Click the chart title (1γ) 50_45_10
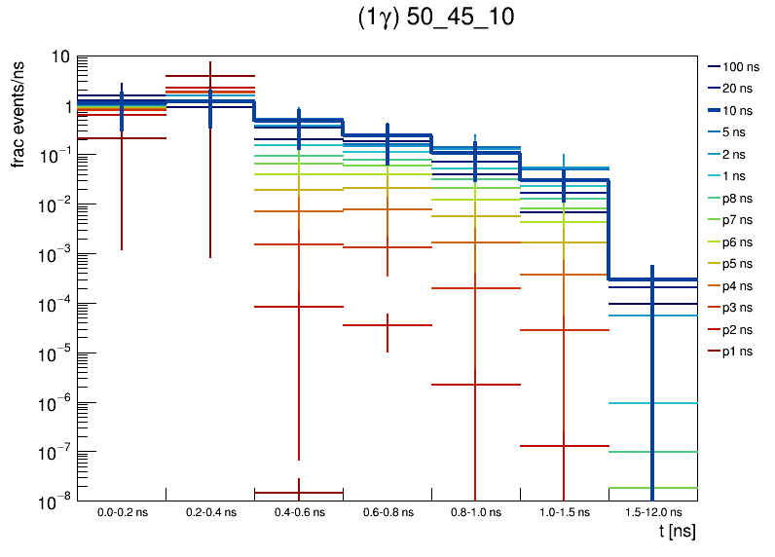[435, 19]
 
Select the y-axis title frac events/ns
[18, 113]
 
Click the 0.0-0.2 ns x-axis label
[122, 512]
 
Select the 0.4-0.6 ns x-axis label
[298, 512]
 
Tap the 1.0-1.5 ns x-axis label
[564, 512]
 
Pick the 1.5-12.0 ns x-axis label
[652, 512]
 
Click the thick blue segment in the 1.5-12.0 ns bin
[652, 279]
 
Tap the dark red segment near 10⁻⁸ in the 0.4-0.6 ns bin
[298, 493]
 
